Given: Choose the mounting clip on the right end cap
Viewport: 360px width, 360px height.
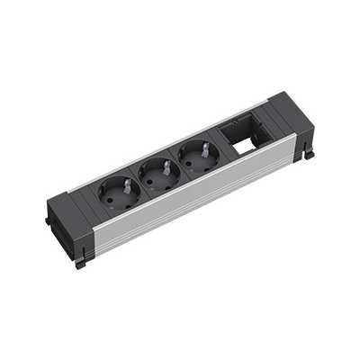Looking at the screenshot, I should pos(308,153).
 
